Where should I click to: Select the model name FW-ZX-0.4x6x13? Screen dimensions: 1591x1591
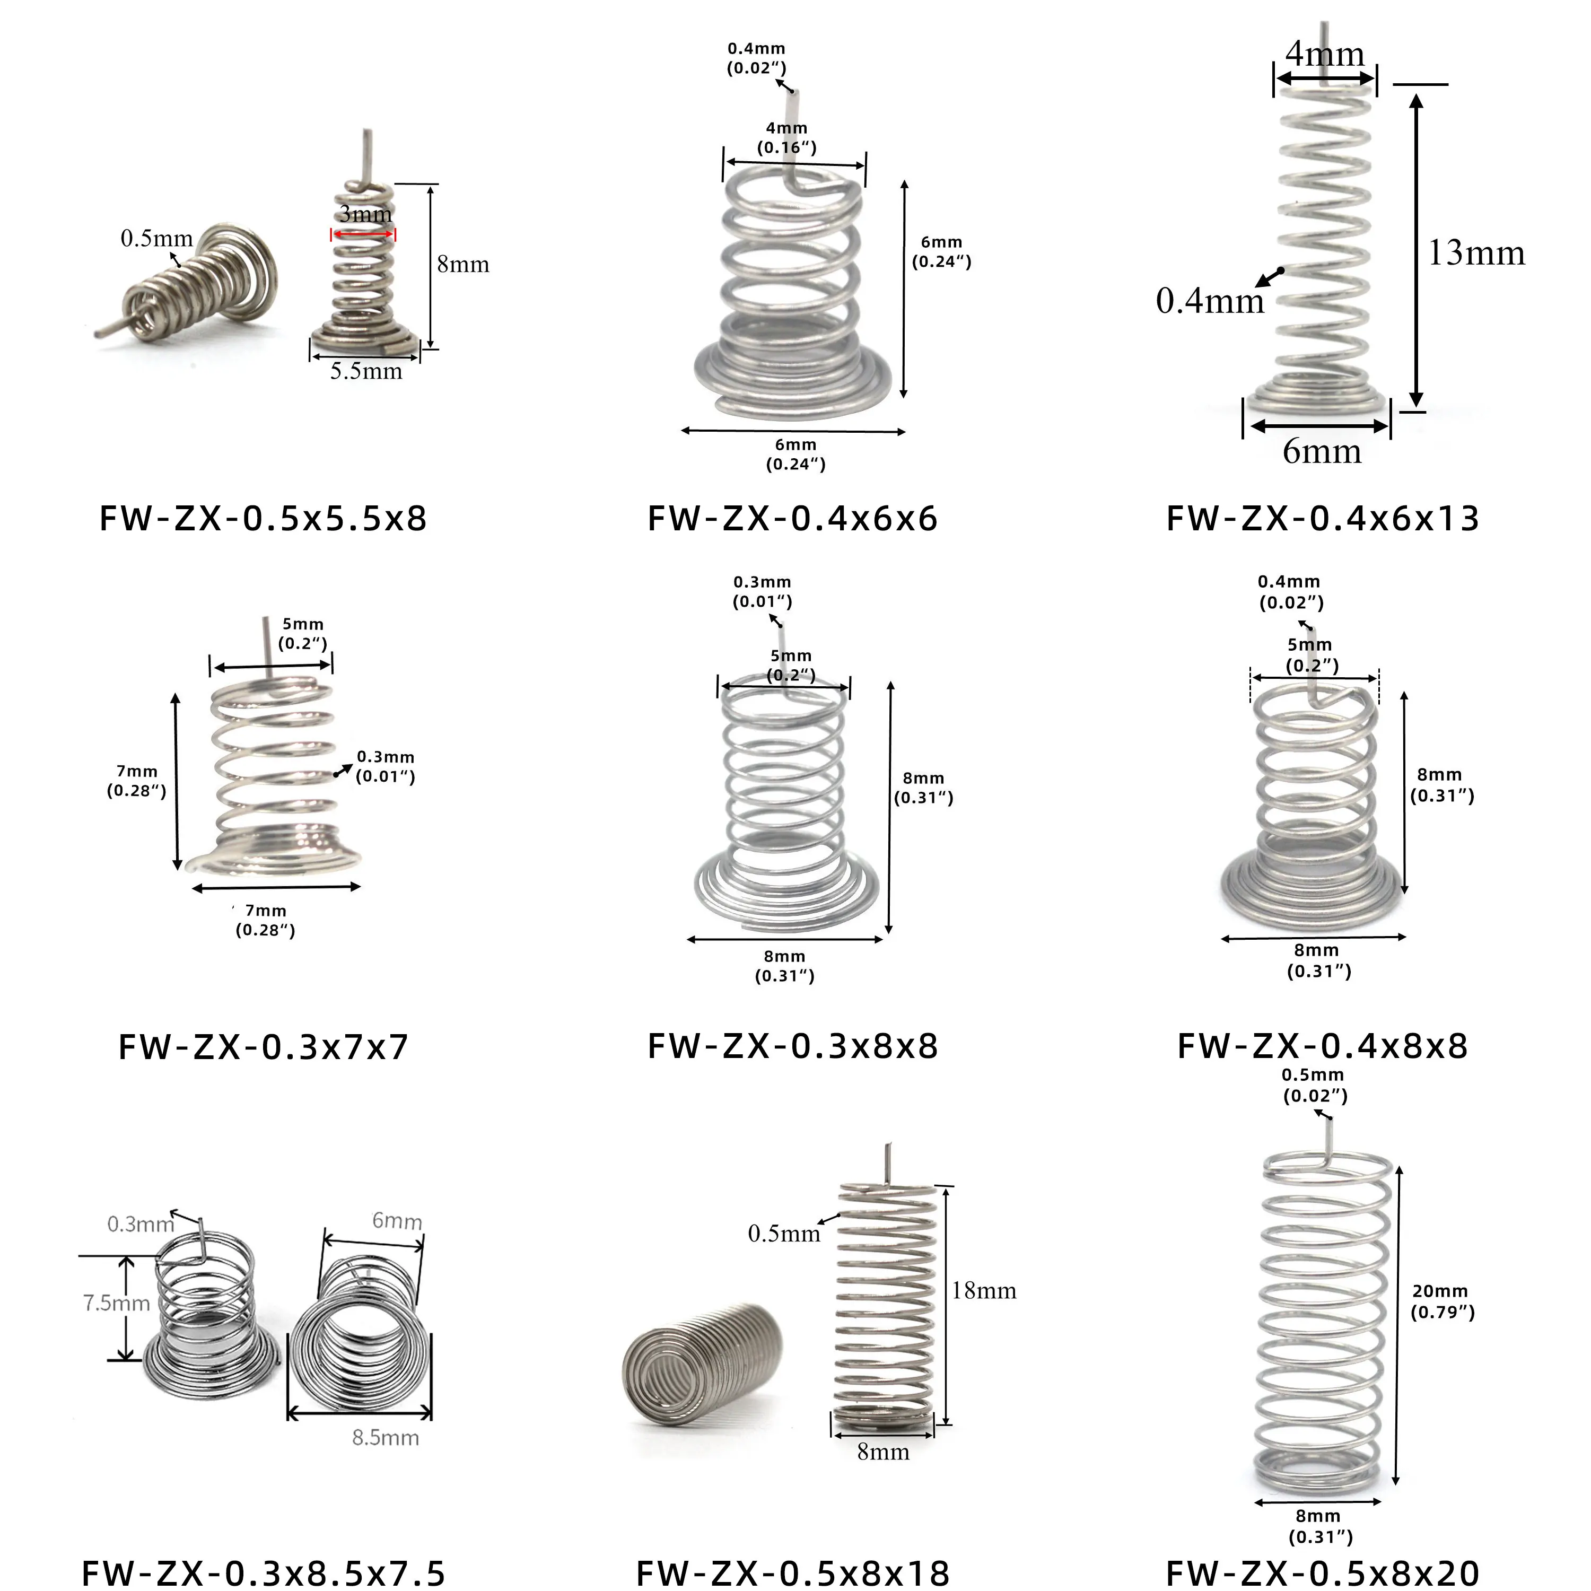click(x=1323, y=519)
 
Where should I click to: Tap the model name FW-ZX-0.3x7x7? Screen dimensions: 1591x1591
click(x=264, y=1047)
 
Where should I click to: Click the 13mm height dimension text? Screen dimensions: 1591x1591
click(x=1476, y=253)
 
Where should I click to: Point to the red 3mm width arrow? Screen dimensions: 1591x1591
click(x=363, y=235)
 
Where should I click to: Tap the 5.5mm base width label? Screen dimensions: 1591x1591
click(x=366, y=371)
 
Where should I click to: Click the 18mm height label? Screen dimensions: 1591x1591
click(x=984, y=1290)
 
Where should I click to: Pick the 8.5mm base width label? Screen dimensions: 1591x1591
click(x=386, y=1438)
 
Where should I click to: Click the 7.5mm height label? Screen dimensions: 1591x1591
click(x=116, y=1303)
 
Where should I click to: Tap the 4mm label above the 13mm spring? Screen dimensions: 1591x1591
click(x=1325, y=54)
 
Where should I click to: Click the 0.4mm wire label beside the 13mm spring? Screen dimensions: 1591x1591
click(x=1210, y=301)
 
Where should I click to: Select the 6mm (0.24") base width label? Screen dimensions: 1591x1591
click(x=795, y=454)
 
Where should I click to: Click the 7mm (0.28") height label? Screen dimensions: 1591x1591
click(x=137, y=781)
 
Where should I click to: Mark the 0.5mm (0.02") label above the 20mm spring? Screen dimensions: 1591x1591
click(x=1314, y=1085)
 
